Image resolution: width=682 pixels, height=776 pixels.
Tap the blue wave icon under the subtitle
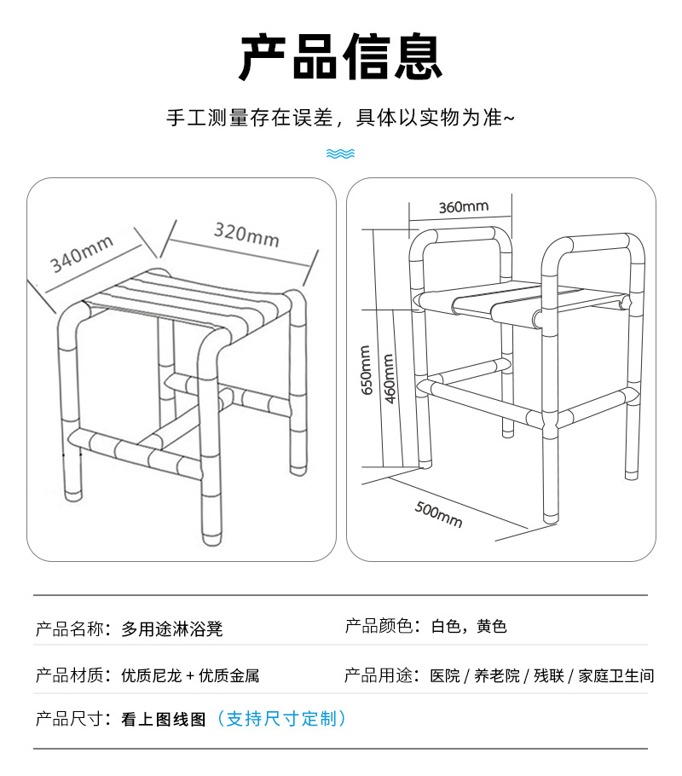tap(340, 153)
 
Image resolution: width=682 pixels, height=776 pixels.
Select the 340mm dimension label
tap(82, 253)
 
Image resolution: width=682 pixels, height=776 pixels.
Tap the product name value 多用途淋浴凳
tap(172, 629)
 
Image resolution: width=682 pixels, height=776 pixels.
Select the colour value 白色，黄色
tap(469, 627)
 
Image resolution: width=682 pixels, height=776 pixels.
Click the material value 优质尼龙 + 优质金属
tap(190, 675)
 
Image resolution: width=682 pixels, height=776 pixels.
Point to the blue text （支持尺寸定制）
tap(281, 719)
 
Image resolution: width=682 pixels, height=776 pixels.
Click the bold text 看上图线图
tap(164, 719)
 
